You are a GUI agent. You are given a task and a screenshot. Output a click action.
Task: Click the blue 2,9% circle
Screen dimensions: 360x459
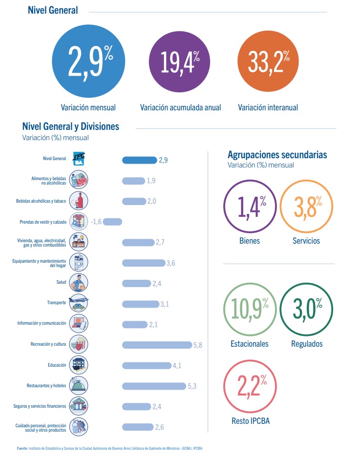[x=88, y=61]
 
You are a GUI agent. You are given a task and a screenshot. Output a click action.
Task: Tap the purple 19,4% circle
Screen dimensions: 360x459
[x=179, y=62]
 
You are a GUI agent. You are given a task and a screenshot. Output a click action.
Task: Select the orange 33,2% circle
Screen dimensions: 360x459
[x=268, y=61]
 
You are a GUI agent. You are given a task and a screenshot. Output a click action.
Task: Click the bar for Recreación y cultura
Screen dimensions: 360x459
[x=157, y=345]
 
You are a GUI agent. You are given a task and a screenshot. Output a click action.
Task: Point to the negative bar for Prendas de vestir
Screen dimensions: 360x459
[x=112, y=222]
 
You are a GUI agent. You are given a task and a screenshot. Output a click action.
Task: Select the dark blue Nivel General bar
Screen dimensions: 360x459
[x=139, y=160]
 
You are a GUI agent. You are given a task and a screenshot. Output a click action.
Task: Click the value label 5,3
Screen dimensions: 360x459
[x=192, y=386]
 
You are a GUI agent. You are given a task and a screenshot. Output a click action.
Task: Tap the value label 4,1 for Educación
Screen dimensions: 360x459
[x=177, y=366]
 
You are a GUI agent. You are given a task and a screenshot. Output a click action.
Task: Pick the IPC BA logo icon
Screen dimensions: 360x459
[x=79, y=159]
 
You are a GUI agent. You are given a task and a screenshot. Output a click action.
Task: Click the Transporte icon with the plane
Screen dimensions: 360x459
[x=79, y=303]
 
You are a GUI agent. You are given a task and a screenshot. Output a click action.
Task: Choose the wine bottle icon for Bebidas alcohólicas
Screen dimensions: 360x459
[x=79, y=201]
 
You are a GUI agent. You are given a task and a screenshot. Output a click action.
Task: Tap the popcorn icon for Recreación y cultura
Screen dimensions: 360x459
[x=79, y=344]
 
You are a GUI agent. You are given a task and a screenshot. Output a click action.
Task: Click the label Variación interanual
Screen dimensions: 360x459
[x=268, y=107]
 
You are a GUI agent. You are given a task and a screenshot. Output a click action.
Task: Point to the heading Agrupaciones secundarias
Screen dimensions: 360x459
[x=277, y=155]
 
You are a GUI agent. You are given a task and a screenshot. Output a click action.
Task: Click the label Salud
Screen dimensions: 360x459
[x=61, y=282]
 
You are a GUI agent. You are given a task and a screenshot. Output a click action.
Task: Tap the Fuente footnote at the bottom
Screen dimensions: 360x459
[x=110, y=448]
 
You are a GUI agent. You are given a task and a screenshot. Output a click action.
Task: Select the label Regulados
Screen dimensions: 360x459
[x=307, y=344]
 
